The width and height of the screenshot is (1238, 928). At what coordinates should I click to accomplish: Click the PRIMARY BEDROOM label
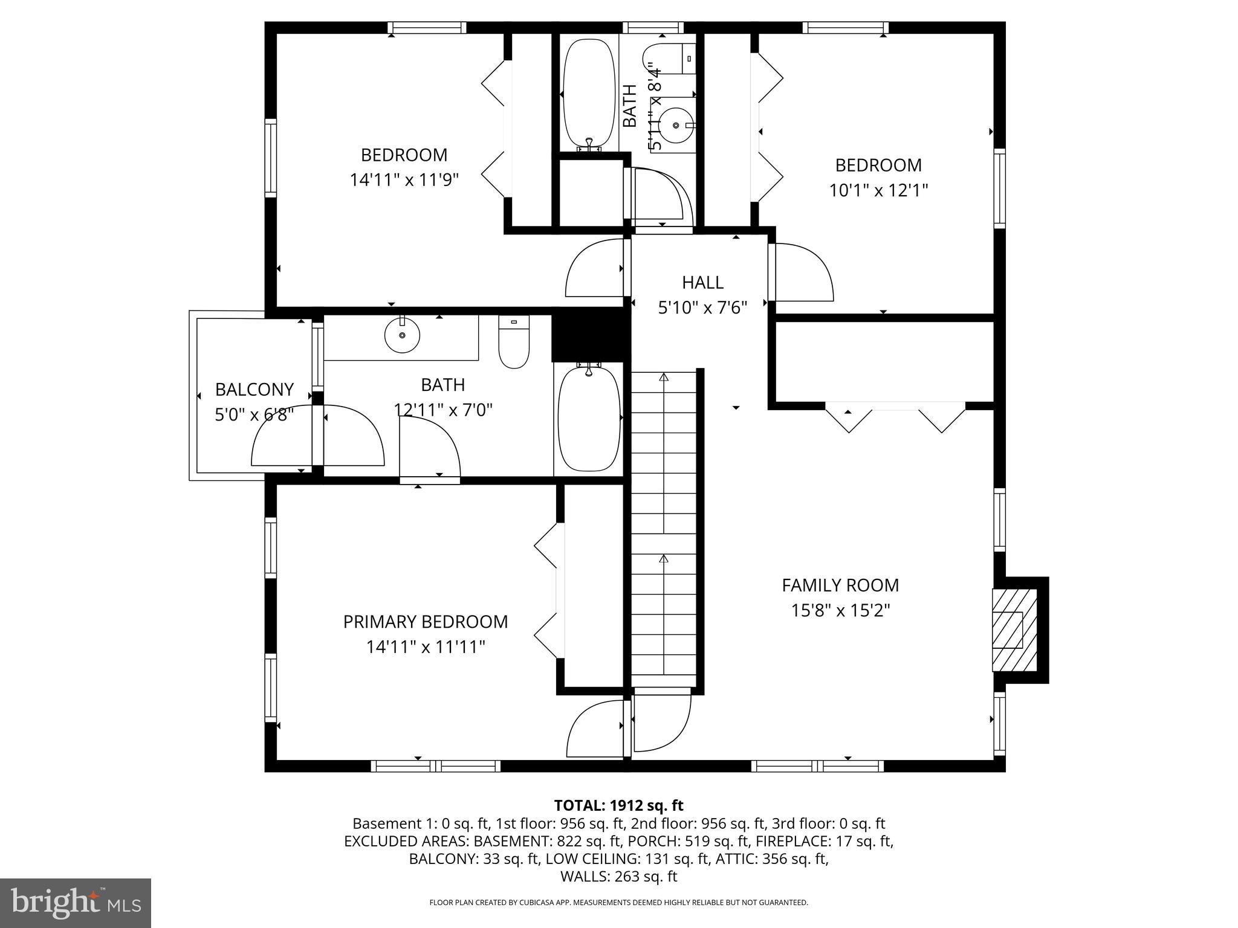point(425,622)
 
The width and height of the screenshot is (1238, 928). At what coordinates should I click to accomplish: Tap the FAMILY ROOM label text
point(840,585)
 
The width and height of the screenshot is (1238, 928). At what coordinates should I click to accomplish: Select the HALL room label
point(702,282)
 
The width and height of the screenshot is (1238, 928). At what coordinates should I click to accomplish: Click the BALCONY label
point(254,389)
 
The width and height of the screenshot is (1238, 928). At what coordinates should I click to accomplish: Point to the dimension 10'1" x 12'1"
point(878,190)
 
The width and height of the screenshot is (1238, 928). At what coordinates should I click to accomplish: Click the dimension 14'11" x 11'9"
point(404,180)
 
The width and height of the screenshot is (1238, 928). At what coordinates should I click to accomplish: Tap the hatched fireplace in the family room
point(1014,630)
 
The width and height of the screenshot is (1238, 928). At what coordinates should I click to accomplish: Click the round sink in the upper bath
point(675,125)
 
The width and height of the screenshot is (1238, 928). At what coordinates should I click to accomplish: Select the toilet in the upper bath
point(668,59)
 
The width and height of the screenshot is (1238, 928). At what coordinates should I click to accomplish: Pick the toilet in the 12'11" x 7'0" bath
point(514,343)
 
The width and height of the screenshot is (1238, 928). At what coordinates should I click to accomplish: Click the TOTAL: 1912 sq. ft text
point(618,805)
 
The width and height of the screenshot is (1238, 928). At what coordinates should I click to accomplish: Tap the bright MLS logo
point(75,903)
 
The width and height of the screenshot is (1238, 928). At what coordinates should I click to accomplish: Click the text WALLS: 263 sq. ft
point(618,876)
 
